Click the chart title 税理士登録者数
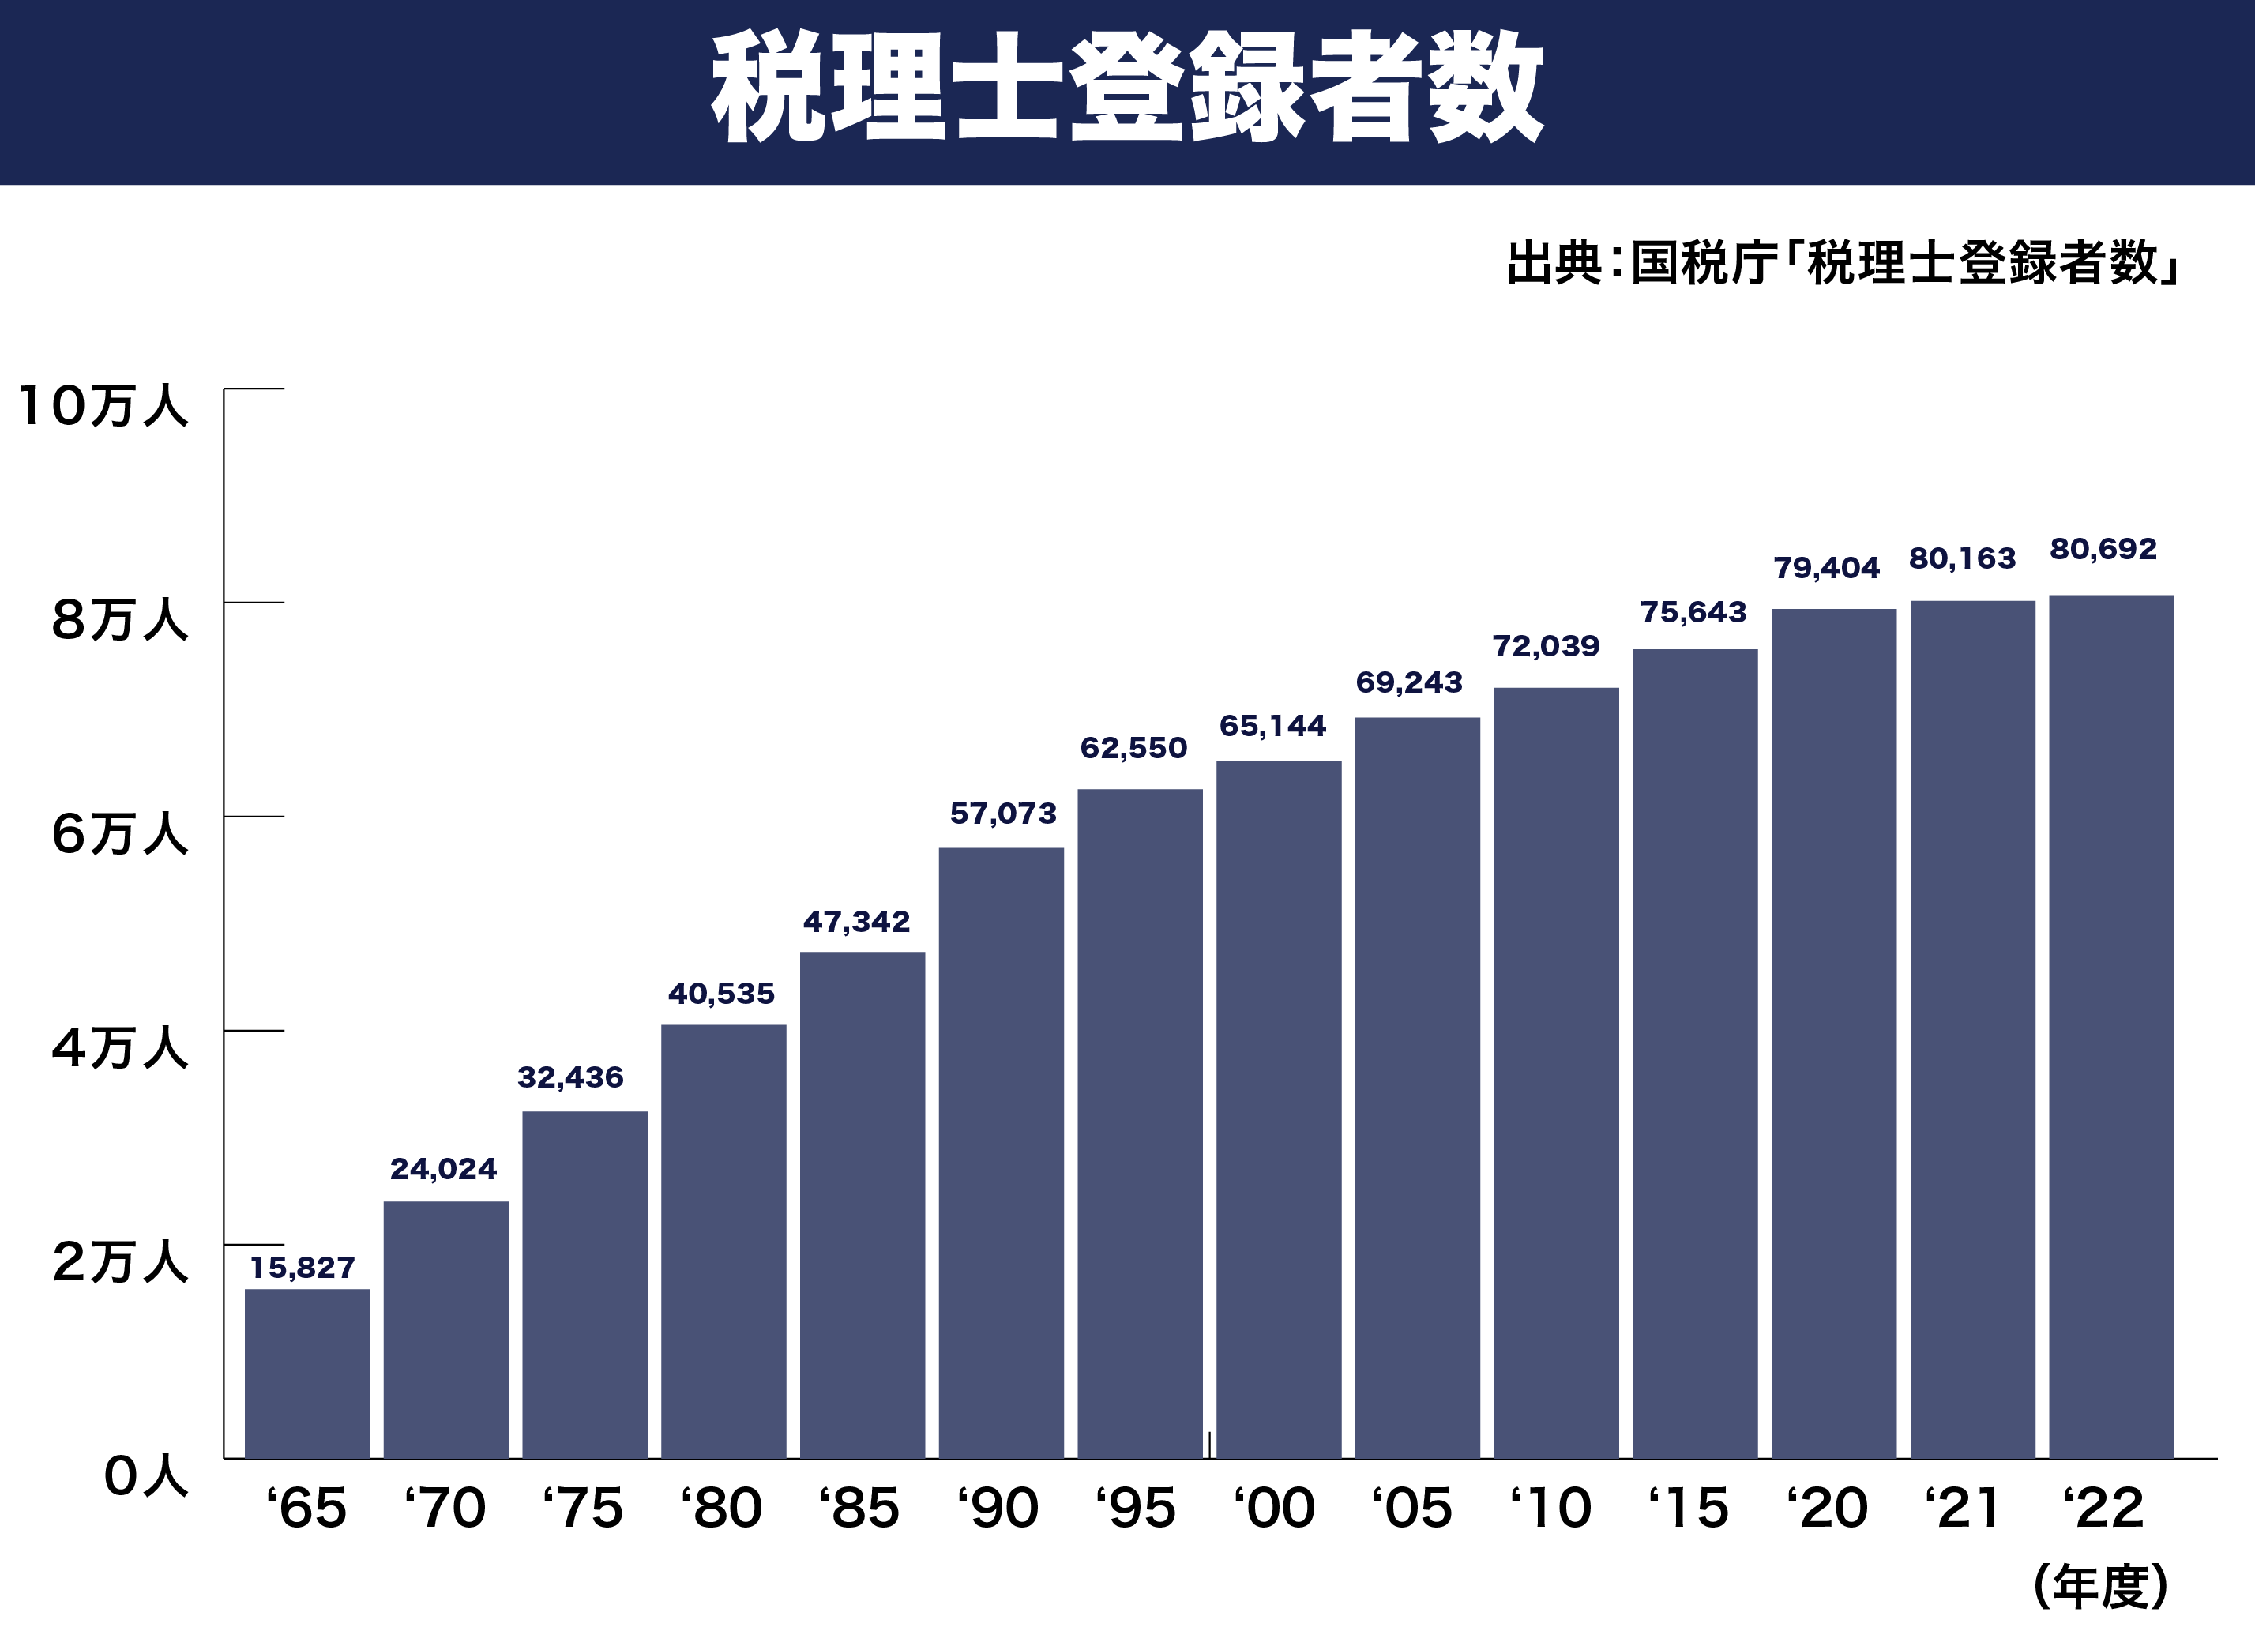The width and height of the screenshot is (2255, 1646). pos(1126,88)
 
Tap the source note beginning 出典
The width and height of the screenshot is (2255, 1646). pos(1843,263)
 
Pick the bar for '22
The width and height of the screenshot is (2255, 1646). pos(2110,1026)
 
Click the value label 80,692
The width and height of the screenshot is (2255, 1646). pos(2103,549)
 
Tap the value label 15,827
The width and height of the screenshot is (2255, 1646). pos(302,1268)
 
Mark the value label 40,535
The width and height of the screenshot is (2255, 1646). pos(720,994)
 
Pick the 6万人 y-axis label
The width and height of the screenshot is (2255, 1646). pos(119,833)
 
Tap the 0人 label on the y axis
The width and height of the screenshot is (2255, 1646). pos(145,1475)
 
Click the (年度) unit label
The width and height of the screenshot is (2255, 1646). pos(2100,1586)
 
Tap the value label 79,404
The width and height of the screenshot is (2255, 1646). pos(1825,568)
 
